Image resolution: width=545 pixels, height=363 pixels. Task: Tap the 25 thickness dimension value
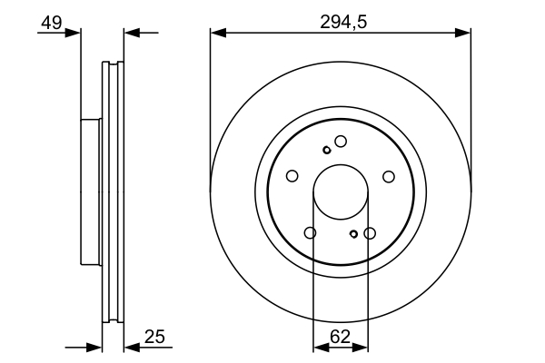click(x=154, y=338)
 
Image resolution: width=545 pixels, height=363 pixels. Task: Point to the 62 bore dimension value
click(x=341, y=337)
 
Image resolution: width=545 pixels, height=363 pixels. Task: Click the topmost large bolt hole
click(x=341, y=141)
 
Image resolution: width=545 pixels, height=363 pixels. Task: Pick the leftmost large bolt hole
click(x=292, y=176)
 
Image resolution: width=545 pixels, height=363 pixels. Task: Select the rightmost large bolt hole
click(x=389, y=176)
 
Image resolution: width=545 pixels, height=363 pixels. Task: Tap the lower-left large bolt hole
click(x=311, y=233)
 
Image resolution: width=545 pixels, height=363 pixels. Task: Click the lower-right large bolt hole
click(x=370, y=233)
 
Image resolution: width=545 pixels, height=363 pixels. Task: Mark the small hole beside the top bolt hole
click(x=327, y=150)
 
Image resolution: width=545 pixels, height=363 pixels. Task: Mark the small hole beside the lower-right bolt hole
click(x=353, y=234)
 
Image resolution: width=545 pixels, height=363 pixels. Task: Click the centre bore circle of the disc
click(x=341, y=193)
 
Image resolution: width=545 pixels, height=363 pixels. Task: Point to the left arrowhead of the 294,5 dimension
click(x=217, y=34)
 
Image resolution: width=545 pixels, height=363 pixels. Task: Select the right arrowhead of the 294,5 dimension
click(x=464, y=34)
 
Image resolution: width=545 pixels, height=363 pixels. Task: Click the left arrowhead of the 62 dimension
click(x=319, y=347)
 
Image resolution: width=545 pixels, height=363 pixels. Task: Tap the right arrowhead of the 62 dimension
click(x=362, y=347)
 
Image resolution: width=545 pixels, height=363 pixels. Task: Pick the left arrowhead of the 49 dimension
click(x=74, y=34)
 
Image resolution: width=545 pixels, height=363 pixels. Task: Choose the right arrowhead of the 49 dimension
click(x=131, y=34)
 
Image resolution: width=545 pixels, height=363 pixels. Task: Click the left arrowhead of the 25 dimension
click(x=94, y=347)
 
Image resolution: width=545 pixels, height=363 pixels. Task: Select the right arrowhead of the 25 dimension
click(x=131, y=347)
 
